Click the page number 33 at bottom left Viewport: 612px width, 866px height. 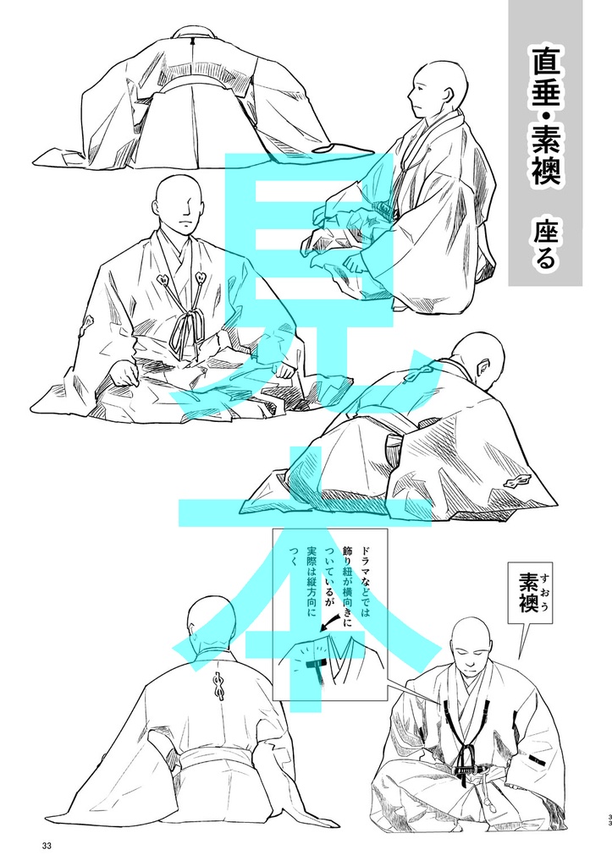pos(46,846)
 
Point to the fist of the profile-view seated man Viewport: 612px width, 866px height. pos(356,264)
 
